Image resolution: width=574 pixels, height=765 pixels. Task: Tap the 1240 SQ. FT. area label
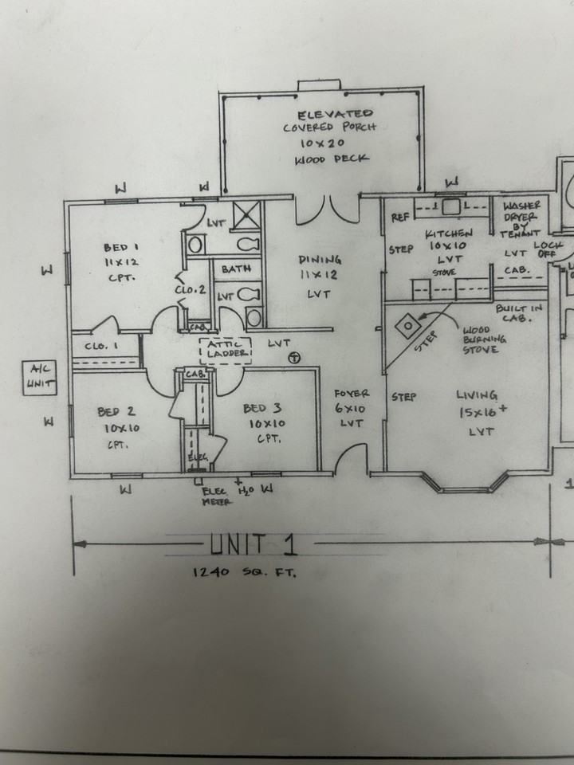pyautogui.click(x=243, y=572)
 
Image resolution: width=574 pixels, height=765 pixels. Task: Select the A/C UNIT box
pyautogui.click(x=37, y=376)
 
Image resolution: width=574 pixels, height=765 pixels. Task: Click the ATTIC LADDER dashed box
pyautogui.click(x=224, y=348)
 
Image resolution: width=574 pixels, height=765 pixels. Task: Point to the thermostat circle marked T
pyautogui.click(x=294, y=358)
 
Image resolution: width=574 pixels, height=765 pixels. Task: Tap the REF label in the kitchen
pyautogui.click(x=399, y=217)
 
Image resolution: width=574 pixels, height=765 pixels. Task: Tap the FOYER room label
pyautogui.click(x=350, y=394)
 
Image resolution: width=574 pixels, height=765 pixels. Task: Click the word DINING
pyautogui.click(x=320, y=260)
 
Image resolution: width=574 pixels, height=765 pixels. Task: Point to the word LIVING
pyautogui.click(x=477, y=395)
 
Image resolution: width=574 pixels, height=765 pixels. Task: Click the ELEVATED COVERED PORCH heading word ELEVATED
pyautogui.click(x=334, y=115)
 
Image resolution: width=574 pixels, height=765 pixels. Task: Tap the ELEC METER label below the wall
pyautogui.click(x=217, y=496)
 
